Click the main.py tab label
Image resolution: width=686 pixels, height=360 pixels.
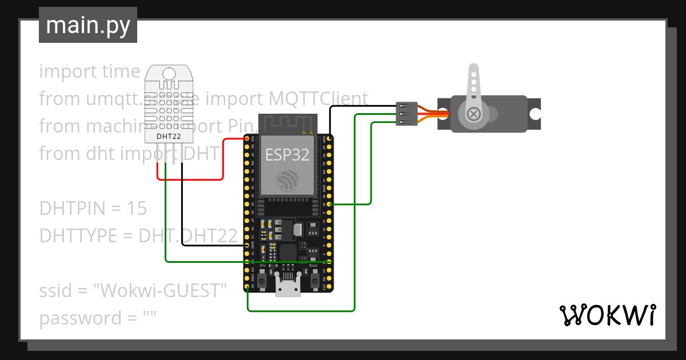pyautogui.click(x=88, y=25)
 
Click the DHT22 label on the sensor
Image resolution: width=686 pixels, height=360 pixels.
pyautogui.click(x=169, y=137)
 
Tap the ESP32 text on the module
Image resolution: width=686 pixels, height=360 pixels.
pyautogui.click(x=288, y=154)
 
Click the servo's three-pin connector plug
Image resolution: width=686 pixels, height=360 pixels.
pyautogui.click(x=405, y=114)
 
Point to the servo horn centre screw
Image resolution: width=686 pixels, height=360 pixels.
pyautogui.click(x=473, y=114)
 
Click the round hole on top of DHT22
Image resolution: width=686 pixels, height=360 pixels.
pyautogui.click(x=169, y=73)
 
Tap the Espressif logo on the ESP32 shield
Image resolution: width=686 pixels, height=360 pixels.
pyautogui.click(x=288, y=180)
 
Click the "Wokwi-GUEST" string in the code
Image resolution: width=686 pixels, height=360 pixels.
pyautogui.click(x=161, y=290)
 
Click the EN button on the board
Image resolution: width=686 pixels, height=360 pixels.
pyautogui.click(x=262, y=279)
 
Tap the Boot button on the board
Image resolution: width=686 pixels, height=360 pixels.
pyautogui.click(x=314, y=279)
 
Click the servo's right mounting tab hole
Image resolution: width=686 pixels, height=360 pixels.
pyautogui.click(x=535, y=114)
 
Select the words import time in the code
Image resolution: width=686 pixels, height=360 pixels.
pyautogui.click(x=89, y=71)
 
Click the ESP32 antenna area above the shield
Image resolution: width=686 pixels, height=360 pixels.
pyautogui.click(x=288, y=122)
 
